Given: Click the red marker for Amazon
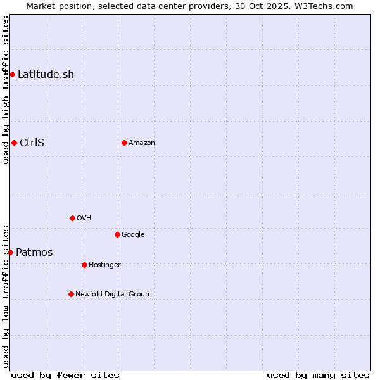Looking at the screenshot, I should coord(124,142).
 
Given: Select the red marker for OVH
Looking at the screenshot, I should coord(72,218).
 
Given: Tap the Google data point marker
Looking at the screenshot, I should coord(117,234).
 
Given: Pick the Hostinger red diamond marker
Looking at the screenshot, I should coord(84,265).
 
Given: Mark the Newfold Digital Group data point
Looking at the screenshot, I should coord(71,294).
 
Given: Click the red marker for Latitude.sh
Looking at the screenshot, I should coord(12,75).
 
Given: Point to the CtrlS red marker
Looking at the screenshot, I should coord(14,142).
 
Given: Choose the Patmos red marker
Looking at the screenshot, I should coord(10,252).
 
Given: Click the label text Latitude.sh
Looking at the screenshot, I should coord(46,75).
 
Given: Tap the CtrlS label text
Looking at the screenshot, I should coord(32,142).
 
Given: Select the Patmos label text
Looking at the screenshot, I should coord(34,253).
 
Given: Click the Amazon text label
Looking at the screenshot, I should coord(142,142).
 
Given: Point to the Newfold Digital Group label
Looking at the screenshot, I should coord(112,294).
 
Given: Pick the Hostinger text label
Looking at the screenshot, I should coord(104,265).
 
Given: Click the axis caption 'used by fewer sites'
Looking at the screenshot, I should coord(65,375).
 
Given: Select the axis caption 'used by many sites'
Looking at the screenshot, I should coord(318,375).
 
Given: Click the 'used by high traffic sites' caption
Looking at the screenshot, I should coord(6,90).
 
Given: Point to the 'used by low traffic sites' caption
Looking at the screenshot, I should coord(6,296).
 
